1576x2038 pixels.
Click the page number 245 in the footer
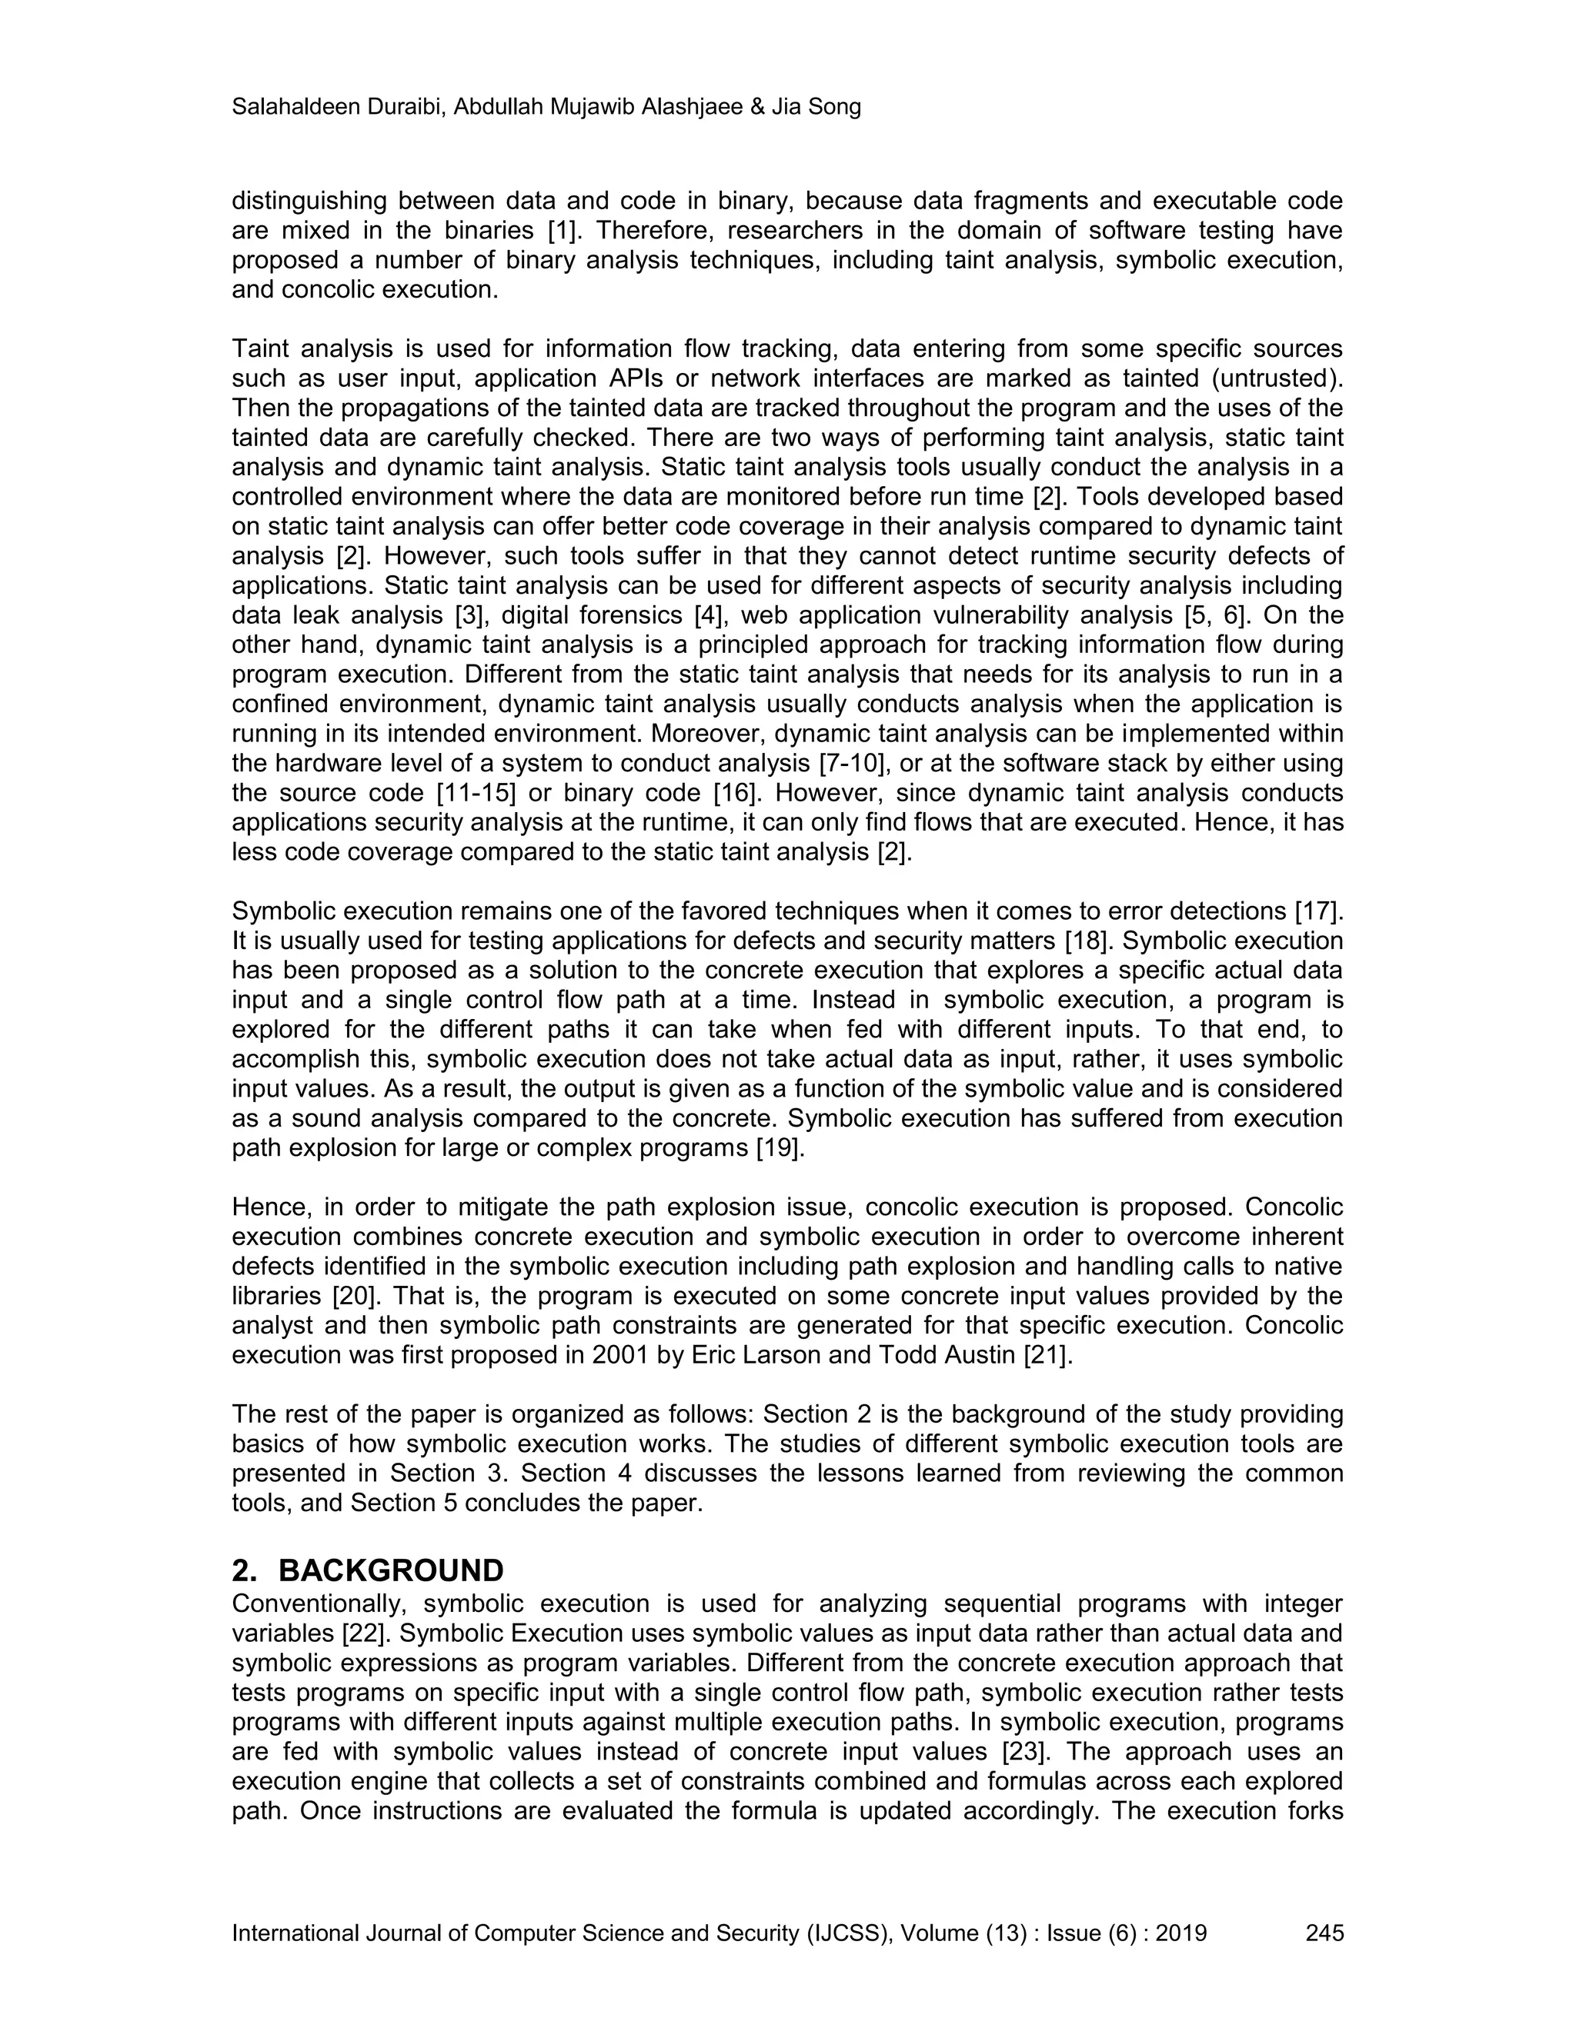point(1324,1933)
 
